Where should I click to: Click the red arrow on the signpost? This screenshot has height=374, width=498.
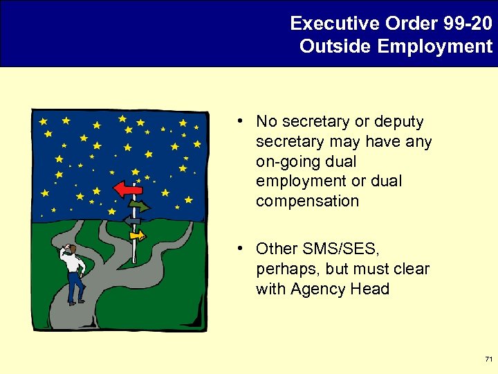pos(129,188)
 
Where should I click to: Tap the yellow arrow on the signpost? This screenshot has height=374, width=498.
pos(138,235)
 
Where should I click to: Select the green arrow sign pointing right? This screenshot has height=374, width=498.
pos(140,206)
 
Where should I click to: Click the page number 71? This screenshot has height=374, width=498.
pos(488,359)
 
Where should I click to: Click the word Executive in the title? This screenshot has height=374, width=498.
pos(324,24)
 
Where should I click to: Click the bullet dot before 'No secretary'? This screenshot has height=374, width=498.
pos(238,121)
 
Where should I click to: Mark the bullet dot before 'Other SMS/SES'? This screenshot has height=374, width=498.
pos(238,248)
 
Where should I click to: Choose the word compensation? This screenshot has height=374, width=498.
pos(307,202)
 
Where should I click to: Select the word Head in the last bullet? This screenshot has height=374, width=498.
pos(370,289)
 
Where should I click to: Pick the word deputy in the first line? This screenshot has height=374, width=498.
pos(398,122)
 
